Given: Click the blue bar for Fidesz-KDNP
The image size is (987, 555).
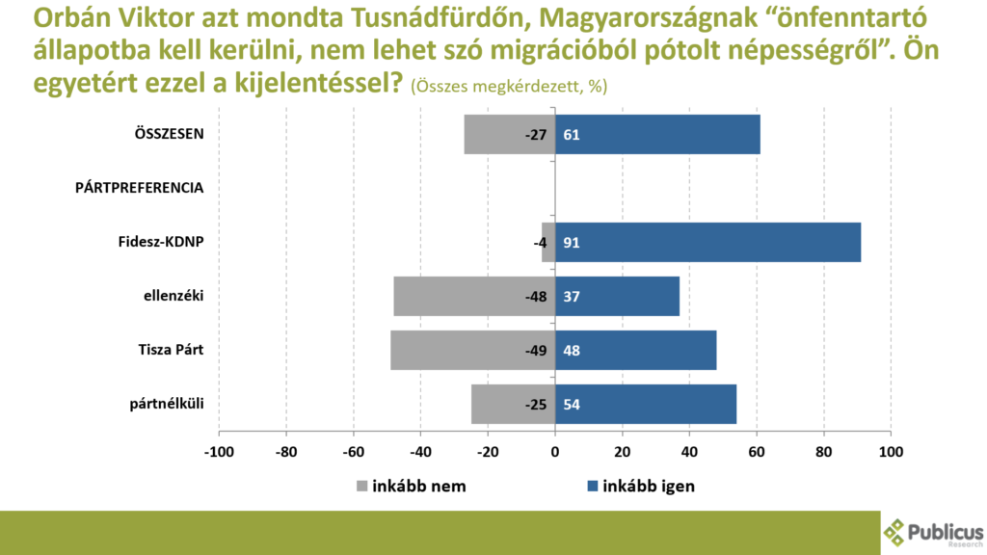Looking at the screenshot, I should (707, 242).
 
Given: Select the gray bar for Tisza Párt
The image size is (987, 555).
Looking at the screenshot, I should (472, 350).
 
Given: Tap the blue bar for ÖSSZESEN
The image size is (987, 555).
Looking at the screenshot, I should (657, 135).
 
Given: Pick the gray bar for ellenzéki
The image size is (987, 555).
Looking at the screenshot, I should (474, 296).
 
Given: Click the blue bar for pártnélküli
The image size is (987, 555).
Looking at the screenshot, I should (646, 404).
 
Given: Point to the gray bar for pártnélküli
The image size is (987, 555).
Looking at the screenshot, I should (513, 404).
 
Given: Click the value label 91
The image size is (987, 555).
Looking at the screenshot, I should (571, 243).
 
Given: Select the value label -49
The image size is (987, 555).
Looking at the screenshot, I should (536, 351).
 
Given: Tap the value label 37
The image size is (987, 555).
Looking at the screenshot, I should (571, 297).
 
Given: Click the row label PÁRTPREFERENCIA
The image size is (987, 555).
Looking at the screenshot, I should (139, 188).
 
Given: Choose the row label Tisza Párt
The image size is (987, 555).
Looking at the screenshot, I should (171, 350).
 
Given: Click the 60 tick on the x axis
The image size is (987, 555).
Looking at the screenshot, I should (757, 451).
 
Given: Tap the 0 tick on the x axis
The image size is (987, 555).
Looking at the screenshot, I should (555, 451).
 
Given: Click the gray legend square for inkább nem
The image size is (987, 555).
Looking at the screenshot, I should (362, 487).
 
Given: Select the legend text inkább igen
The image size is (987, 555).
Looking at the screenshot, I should (648, 487).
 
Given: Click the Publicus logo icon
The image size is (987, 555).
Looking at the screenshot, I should (895, 531).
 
